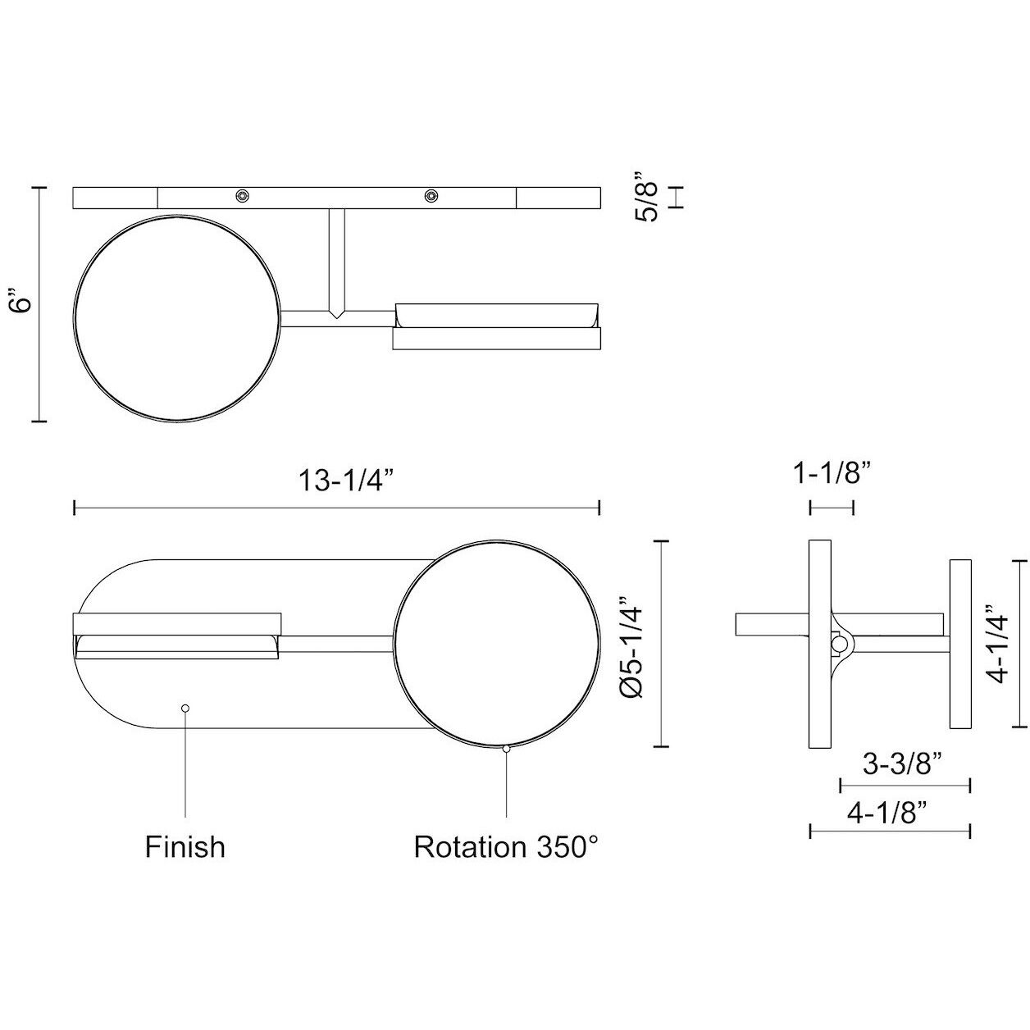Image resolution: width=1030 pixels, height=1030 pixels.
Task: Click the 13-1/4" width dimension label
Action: [x=338, y=481]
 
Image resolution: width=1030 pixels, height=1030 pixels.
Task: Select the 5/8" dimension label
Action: [x=646, y=197]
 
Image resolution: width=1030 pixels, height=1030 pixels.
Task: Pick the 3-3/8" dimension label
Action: [x=901, y=764]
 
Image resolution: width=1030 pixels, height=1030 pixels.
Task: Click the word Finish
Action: [x=185, y=846]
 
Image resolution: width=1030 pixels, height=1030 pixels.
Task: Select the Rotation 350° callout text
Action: [x=502, y=846]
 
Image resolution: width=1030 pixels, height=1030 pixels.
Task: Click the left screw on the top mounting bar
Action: [x=242, y=195]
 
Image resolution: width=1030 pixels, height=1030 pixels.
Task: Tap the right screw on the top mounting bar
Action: [x=431, y=195]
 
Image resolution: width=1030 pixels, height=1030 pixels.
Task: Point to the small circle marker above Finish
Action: [x=185, y=707]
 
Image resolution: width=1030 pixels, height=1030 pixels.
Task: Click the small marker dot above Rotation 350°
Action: [x=506, y=748]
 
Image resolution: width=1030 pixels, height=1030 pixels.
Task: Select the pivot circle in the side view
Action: [x=839, y=645]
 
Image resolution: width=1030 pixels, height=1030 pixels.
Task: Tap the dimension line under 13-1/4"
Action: [x=338, y=508]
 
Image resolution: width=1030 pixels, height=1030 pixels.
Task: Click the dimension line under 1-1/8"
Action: [x=832, y=508]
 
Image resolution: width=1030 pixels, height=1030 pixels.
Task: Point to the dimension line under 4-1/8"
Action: [x=890, y=832]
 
